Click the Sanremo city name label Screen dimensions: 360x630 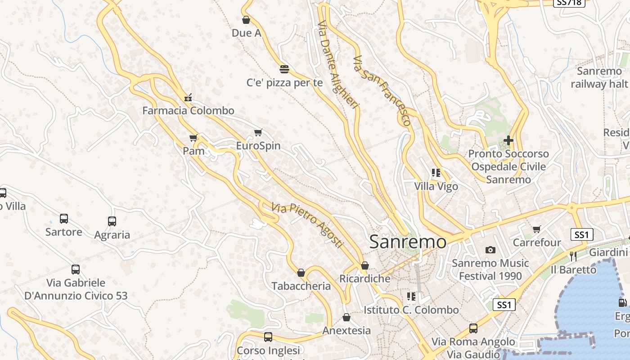tap(408, 242)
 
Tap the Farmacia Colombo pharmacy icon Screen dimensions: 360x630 tap(188, 97)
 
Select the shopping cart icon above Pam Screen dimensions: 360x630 tap(193, 138)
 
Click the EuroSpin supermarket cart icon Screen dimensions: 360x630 tap(258, 132)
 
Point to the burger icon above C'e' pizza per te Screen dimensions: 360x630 tap(284, 69)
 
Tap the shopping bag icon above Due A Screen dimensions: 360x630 tap(246, 20)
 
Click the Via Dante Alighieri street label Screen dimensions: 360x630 tap(339, 64)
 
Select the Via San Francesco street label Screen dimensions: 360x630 tap(382, 90)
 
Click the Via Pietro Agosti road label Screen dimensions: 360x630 tap(307, 225)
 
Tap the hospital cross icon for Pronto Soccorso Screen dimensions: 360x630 tap(508, 140)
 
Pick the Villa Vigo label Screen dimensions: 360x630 tap(436, 186)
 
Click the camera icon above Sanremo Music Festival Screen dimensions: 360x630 tap(490, 250)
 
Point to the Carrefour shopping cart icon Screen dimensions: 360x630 tap(536, 229)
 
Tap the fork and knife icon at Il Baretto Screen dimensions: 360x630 tap(573, 256)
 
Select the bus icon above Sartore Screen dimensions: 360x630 tap(64, 219)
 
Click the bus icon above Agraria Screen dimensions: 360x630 tap(112, 221)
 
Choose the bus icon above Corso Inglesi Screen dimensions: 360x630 tap(268, 337)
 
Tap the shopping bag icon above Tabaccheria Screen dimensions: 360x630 tap(301, 273)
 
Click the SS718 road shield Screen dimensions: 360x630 tap(569, 2)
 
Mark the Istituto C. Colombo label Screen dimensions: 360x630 tap(411, 310)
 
